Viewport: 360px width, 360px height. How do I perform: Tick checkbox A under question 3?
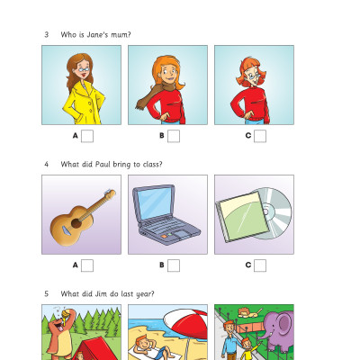point(87,136)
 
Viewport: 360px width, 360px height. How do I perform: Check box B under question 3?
point(174,136)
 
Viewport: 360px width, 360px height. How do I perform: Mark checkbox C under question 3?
point(260,136)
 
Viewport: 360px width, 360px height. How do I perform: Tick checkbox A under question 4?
point(87,265)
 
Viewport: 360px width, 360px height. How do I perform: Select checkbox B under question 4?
point(174,265)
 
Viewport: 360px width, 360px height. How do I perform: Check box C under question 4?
point(260,265)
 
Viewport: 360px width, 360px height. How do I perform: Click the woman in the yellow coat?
point(83,90)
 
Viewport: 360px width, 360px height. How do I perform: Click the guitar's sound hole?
point(76,223)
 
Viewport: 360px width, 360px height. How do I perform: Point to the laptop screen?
point(155,204)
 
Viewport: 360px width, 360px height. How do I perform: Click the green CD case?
point(241,216)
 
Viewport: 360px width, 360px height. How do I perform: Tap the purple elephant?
point(276,331)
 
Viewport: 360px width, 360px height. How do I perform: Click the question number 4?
point(46,165)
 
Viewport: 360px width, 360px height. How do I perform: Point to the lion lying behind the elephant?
point(249,312)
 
